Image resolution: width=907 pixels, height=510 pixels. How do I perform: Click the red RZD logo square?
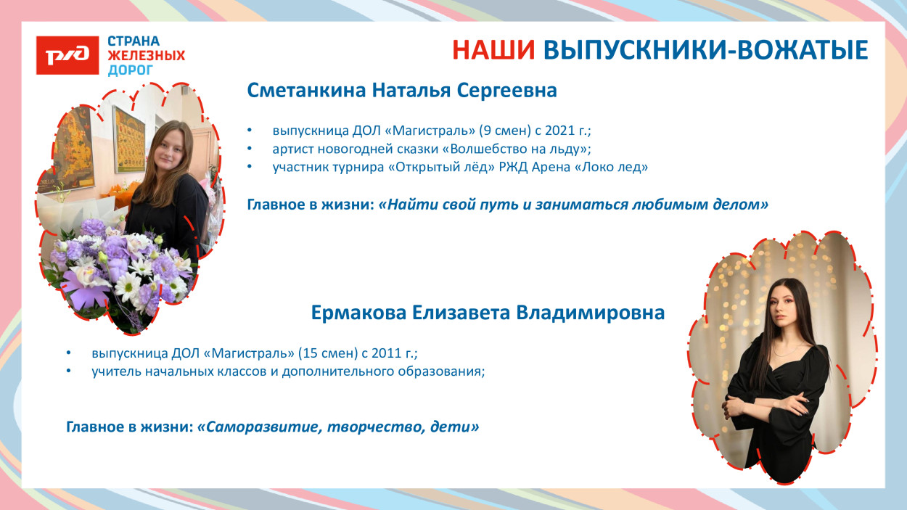click(x=67, y=55)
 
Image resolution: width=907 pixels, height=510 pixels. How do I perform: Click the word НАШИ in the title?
click(x=493, y=50)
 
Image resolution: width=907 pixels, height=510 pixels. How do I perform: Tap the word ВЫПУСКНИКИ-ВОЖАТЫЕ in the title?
click(x=705, y=50)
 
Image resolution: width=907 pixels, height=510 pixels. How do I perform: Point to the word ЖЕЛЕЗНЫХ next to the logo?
click(x=146, y=56)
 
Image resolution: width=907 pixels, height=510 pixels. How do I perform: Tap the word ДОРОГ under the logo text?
click(x=131, y=70)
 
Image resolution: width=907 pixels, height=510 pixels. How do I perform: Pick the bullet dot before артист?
click(x=250, y=149)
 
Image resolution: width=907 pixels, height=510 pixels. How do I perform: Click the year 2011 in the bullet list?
click(x=385, y=353)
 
